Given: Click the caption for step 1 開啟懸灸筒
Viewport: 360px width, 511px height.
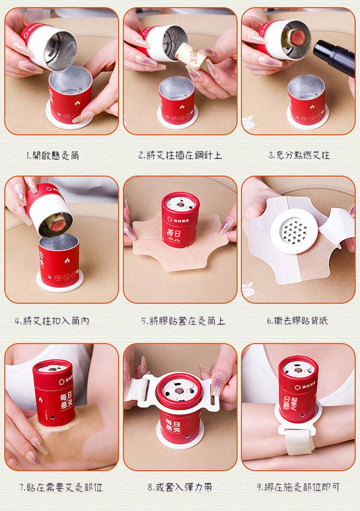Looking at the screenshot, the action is [x=52, y=155].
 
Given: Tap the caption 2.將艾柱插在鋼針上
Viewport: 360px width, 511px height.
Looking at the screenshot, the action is [x=180, y=155].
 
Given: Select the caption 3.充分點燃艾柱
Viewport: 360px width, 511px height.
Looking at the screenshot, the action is [x=299, y=155].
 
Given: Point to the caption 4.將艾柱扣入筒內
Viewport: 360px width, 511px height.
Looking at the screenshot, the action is [x=52, y=321].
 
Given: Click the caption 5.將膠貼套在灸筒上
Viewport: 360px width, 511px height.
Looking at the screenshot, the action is [x=183, y=321].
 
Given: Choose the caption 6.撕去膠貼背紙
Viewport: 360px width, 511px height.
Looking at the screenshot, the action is [x=298, y=321].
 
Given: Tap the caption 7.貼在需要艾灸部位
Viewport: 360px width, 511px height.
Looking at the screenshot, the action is [x=61, y=487].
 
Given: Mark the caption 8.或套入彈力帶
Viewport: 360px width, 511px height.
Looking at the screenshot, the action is [x=180, y=487].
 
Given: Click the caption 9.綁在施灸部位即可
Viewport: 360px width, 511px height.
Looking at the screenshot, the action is [x=299, y=487].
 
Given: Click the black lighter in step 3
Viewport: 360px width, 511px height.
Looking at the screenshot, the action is [x=334, y=57].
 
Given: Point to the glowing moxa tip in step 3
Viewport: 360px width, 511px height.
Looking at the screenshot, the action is [x=297, y=37].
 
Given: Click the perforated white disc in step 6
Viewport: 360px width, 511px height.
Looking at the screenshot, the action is [x=293, y=231].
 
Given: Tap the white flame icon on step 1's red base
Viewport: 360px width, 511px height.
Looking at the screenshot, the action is [x=77, y=104].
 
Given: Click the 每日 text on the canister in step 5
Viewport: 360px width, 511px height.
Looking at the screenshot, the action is [x=173, y=233].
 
